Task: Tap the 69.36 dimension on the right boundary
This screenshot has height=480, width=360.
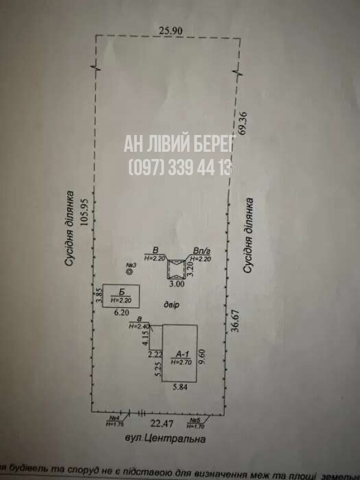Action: coord(242,124)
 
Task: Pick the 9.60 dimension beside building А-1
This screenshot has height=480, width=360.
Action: coord(206,358)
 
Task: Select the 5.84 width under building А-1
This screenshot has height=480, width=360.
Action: coord(180,387)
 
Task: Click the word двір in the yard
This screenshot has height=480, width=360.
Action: coord(172,305)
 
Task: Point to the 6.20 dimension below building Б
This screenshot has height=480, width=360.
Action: coord(121,313)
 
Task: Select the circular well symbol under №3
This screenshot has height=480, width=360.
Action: coord(130,271)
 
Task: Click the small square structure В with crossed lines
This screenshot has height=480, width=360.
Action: coord(176,269)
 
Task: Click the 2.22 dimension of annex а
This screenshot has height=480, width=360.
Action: coord(155,355)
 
